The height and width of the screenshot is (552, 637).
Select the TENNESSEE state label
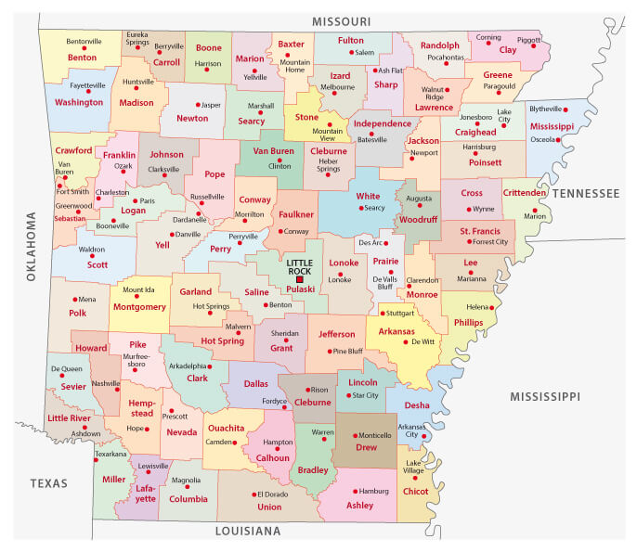click(x=584, y=193)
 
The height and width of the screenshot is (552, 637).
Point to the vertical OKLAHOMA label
click(x=31, y=239)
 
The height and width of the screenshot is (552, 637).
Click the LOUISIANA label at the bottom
click(x=247, y=532)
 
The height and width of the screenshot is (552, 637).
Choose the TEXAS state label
click(x=48, y=483)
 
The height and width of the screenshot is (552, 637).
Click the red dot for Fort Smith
click(x=61, y=185)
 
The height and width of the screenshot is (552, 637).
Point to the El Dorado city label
click(x=273, y=494)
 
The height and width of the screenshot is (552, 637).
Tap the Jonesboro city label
click(x=475, y=118)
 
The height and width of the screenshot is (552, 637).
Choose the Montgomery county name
click(x=139, y=306)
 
